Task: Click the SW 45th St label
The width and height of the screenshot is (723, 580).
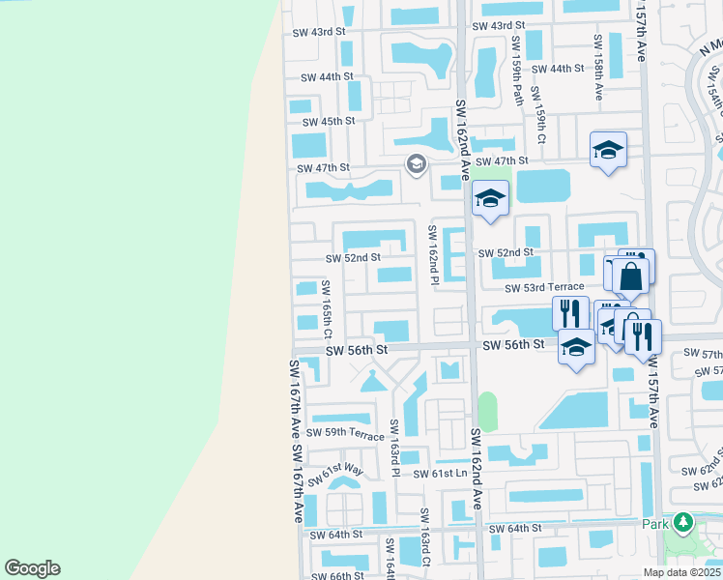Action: point(329,122)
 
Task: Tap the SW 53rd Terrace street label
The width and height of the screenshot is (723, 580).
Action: point(544,287)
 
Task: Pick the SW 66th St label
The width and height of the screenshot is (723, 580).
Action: point(334,576)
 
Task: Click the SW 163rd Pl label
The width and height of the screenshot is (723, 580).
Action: point(394,448)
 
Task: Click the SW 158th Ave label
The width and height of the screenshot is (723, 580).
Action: point(598,68)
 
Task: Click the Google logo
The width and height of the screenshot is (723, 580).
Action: point(32,568)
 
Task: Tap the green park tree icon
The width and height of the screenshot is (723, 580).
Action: point(683,523)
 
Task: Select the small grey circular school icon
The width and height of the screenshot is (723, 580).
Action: point(416,164)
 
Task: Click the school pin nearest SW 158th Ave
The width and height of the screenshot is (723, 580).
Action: point(608,150)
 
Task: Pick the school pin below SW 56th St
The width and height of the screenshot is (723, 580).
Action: point(576,347)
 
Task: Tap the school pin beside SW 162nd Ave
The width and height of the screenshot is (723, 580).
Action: point(490,199)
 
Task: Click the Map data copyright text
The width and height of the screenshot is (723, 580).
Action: point(682,572)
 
